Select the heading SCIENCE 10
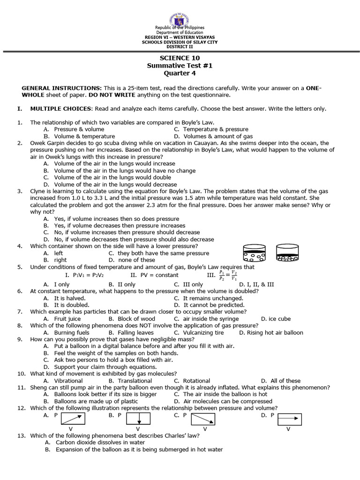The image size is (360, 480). [x=180, y=58]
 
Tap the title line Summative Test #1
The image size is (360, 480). [x=180, y=66]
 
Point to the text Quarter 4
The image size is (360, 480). [x=180, y=73]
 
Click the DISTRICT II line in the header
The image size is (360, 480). [x=180, y=47]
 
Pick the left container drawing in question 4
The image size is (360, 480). [x=255, y=253]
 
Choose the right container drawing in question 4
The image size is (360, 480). [x=288, y=253]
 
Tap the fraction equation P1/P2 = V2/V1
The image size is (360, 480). [x=228, y=275]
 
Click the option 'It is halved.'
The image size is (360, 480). [x=70, y=298]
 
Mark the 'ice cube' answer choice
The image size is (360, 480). [x=279, y=319]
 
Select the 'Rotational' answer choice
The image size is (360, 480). [x=196, y=381]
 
